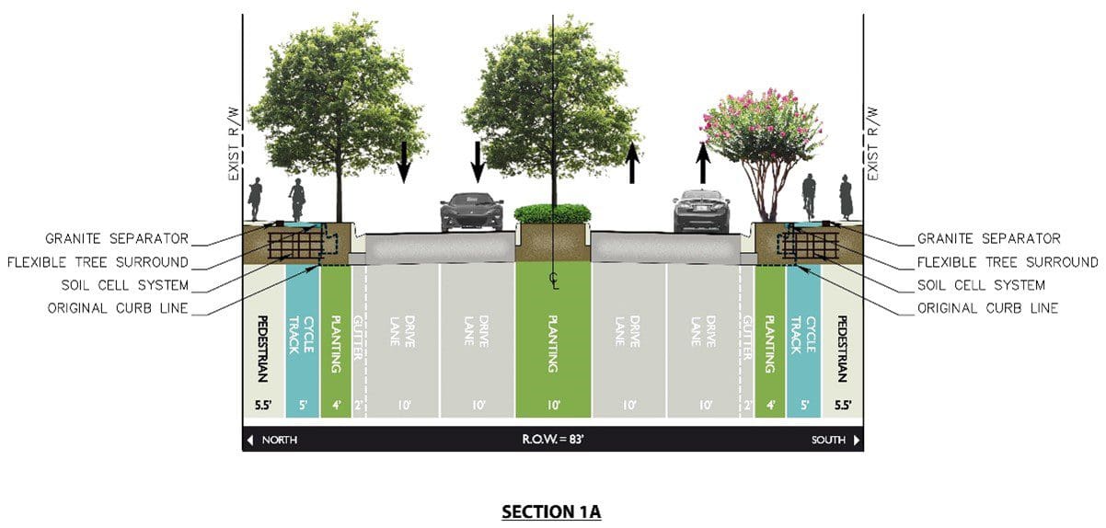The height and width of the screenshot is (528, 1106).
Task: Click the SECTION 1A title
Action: [x=551, y=511]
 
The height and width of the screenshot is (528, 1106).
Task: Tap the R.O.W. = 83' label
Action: [x=553, y=439]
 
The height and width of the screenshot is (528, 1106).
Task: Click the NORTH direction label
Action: [x=280, y=440]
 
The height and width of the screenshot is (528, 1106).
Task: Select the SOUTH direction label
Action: [x=828, y=440]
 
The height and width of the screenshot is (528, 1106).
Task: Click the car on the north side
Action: [x=471, y=212]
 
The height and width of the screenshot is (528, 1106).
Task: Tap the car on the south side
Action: [x=702, y=211]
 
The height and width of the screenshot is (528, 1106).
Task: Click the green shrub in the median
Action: [x=552, y=214]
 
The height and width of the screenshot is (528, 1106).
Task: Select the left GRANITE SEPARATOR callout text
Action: [x=117, y=239]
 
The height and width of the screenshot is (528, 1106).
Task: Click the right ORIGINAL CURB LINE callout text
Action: [x=987, y=308]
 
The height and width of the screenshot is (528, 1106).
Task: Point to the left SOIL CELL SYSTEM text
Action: [x=125, y=285]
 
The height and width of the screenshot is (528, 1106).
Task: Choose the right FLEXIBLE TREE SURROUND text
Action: [x=1008, y=262]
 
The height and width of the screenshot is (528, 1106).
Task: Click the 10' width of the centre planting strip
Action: [x=554, y=405]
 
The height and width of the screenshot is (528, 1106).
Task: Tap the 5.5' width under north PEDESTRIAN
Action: [x=263, y=405]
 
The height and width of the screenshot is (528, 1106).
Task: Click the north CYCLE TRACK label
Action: [x=301, y=335]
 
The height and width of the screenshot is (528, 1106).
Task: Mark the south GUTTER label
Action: [x=747, y=338]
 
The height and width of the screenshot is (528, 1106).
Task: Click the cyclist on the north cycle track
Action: [x=297, y=200]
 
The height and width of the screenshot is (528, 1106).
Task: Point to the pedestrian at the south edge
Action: [x=847, y=197]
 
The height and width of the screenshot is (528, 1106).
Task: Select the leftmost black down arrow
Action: [x=404, y=162]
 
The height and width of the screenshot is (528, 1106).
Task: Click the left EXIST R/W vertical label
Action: [x=234, y=143]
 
